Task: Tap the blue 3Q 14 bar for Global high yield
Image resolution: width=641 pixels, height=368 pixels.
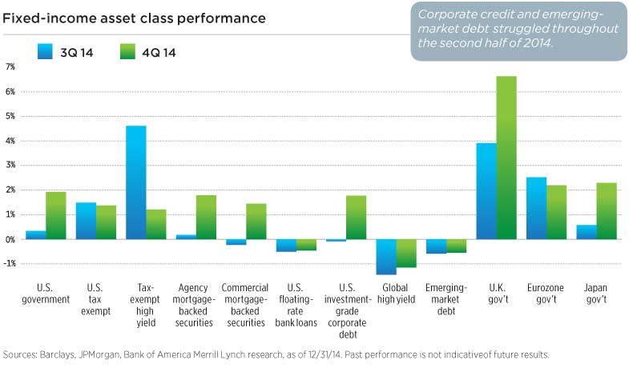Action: [x=386, y=257]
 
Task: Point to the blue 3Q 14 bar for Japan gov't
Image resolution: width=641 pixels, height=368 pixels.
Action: [x=586, y=232]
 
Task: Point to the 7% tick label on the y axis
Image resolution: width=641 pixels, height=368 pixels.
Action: [x=10, y=67]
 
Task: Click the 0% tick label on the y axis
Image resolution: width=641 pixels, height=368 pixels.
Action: [x=10, y=239]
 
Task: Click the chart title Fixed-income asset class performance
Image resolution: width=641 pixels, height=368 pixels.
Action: [x=135, y=17]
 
